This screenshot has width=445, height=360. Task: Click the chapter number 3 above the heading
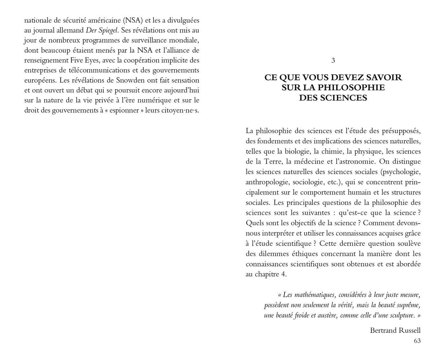click(x=333, y=60)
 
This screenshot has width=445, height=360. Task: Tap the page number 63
click(x=417, y=341)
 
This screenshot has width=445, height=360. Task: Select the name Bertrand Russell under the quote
click(x=395, y=330)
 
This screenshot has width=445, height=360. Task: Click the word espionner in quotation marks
click(x=125, y=111)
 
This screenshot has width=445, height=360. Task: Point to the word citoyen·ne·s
click(x=180, y=111)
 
